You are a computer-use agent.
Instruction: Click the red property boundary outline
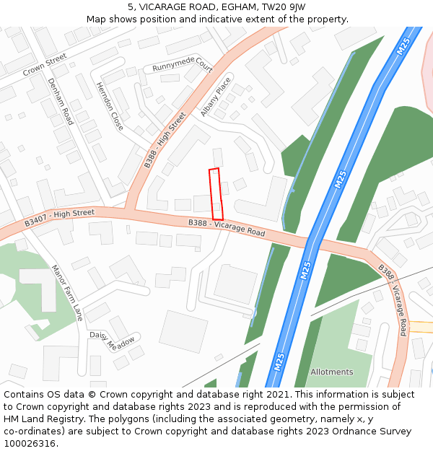[215, 194]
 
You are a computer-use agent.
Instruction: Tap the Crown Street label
[45, 64]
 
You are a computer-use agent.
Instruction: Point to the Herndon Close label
[110, 106]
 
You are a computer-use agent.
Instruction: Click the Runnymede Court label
[183, 66]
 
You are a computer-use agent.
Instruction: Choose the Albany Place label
[216, 97]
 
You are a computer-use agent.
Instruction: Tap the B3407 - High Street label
[59, 218]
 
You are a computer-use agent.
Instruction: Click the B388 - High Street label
[165, 140]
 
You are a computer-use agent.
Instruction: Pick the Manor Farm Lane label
[67, 292]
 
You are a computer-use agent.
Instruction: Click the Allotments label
[332, 372]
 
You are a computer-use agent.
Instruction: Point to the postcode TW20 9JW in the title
[284, 6]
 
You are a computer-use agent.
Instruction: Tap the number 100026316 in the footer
[30, 444]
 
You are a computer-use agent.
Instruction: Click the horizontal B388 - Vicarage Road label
[227, 228]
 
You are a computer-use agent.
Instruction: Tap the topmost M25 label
[404, 47]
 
